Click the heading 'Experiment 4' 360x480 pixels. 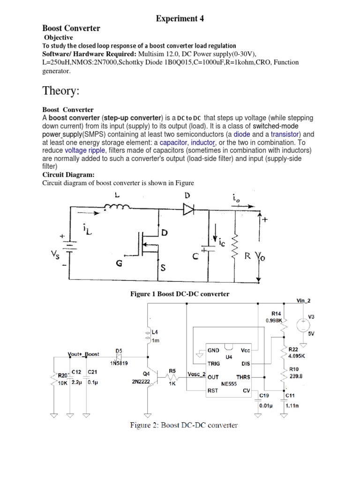tap(180, 18)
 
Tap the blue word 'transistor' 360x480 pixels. tap(287, 134)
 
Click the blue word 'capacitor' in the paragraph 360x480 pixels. tap(172, 142)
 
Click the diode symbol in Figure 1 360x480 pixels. tap(189, 210)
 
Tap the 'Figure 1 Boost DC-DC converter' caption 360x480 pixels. tap(180, 294)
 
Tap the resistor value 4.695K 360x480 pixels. tap(296, 356)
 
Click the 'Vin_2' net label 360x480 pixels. tap(304, 300)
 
